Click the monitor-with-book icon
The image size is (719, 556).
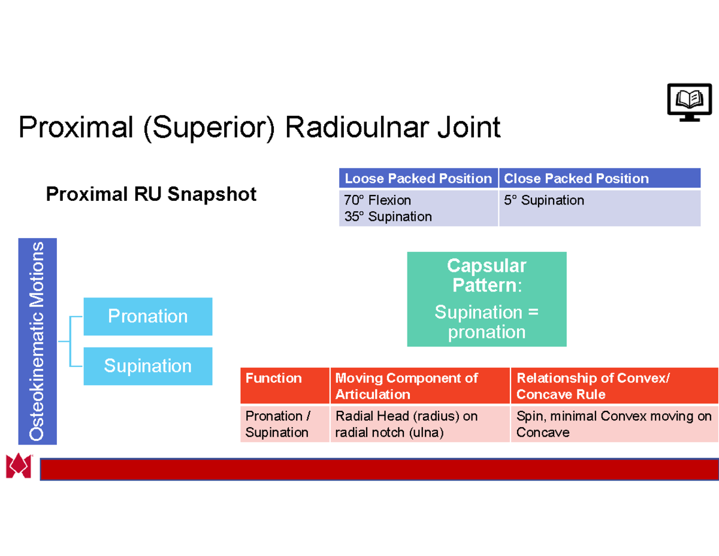(x=690, y=102)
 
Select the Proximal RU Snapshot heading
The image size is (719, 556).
(x=151, y=194)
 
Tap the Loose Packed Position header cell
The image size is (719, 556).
(x=418, y=179)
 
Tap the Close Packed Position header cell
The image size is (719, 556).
(x=599, y=179)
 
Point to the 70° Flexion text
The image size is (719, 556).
(x=377, y=200)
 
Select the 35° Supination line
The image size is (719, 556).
(x=388, y=217)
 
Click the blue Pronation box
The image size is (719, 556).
(x=147, y=316)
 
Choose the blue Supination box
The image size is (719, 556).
(x=147, y=366)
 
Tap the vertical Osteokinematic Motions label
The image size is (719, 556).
(x=38, y=341)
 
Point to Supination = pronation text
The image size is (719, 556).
(x=487, y=322)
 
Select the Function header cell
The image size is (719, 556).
(x=284, y=385)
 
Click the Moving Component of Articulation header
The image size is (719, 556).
(x=419, y=386)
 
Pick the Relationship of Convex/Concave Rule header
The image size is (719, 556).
(x=614, y=386)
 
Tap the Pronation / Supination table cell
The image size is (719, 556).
(x=284, y=424)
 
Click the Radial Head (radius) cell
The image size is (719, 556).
(x=419, y=424)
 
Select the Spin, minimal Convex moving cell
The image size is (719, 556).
(x=614, y=424)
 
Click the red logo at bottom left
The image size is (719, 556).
(x=18, y=466)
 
